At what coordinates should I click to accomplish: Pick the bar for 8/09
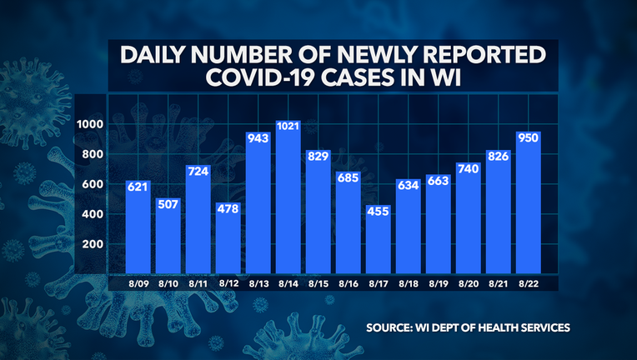pyautogui.click(x=138, y=224)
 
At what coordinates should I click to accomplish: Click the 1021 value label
pyautogui.click(x=288, y=127)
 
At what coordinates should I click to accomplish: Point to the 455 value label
pyautogui.click(x=379, y=212)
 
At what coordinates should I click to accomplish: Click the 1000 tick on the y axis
pyautogui.click(x=90, y=125)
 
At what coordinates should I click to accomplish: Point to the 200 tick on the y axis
pyautogui.click(x=93, y=244)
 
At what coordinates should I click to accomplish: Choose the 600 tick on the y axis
pyautogui.click(x=93, y=184)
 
